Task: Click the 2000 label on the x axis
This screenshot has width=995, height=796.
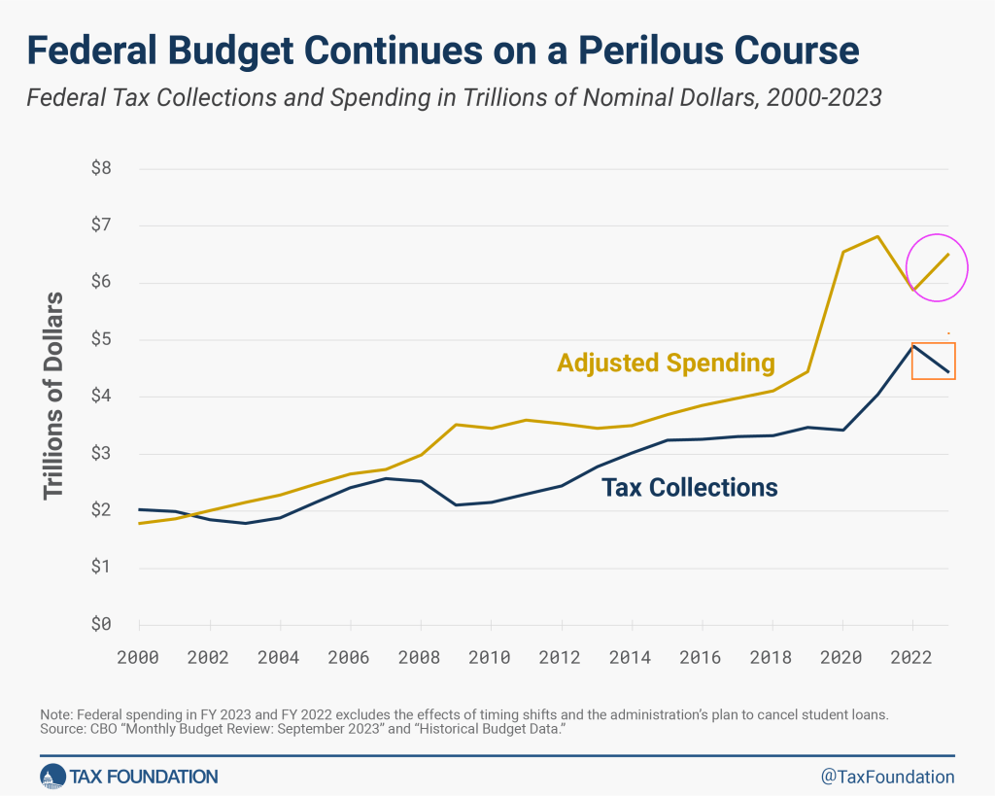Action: click(139, 656)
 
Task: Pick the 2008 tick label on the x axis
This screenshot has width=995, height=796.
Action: click(420, 656)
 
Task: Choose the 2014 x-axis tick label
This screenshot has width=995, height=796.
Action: click(632, 656)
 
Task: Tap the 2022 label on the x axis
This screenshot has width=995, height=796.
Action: click(912, 656)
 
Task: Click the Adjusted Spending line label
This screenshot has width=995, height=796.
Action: click(666, 363)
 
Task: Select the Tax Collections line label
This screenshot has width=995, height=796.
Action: click(690, 488)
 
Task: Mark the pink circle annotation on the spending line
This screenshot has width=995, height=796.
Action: click(937, 266)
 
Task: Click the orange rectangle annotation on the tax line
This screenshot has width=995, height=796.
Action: click(934, 361)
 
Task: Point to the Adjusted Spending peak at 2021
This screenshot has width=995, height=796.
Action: click(878, 236)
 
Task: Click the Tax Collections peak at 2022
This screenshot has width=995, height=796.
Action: click(913, 345)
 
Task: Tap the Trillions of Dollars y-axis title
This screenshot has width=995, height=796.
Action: click(54, 396)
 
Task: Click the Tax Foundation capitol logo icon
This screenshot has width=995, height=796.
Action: click(51, 776)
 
